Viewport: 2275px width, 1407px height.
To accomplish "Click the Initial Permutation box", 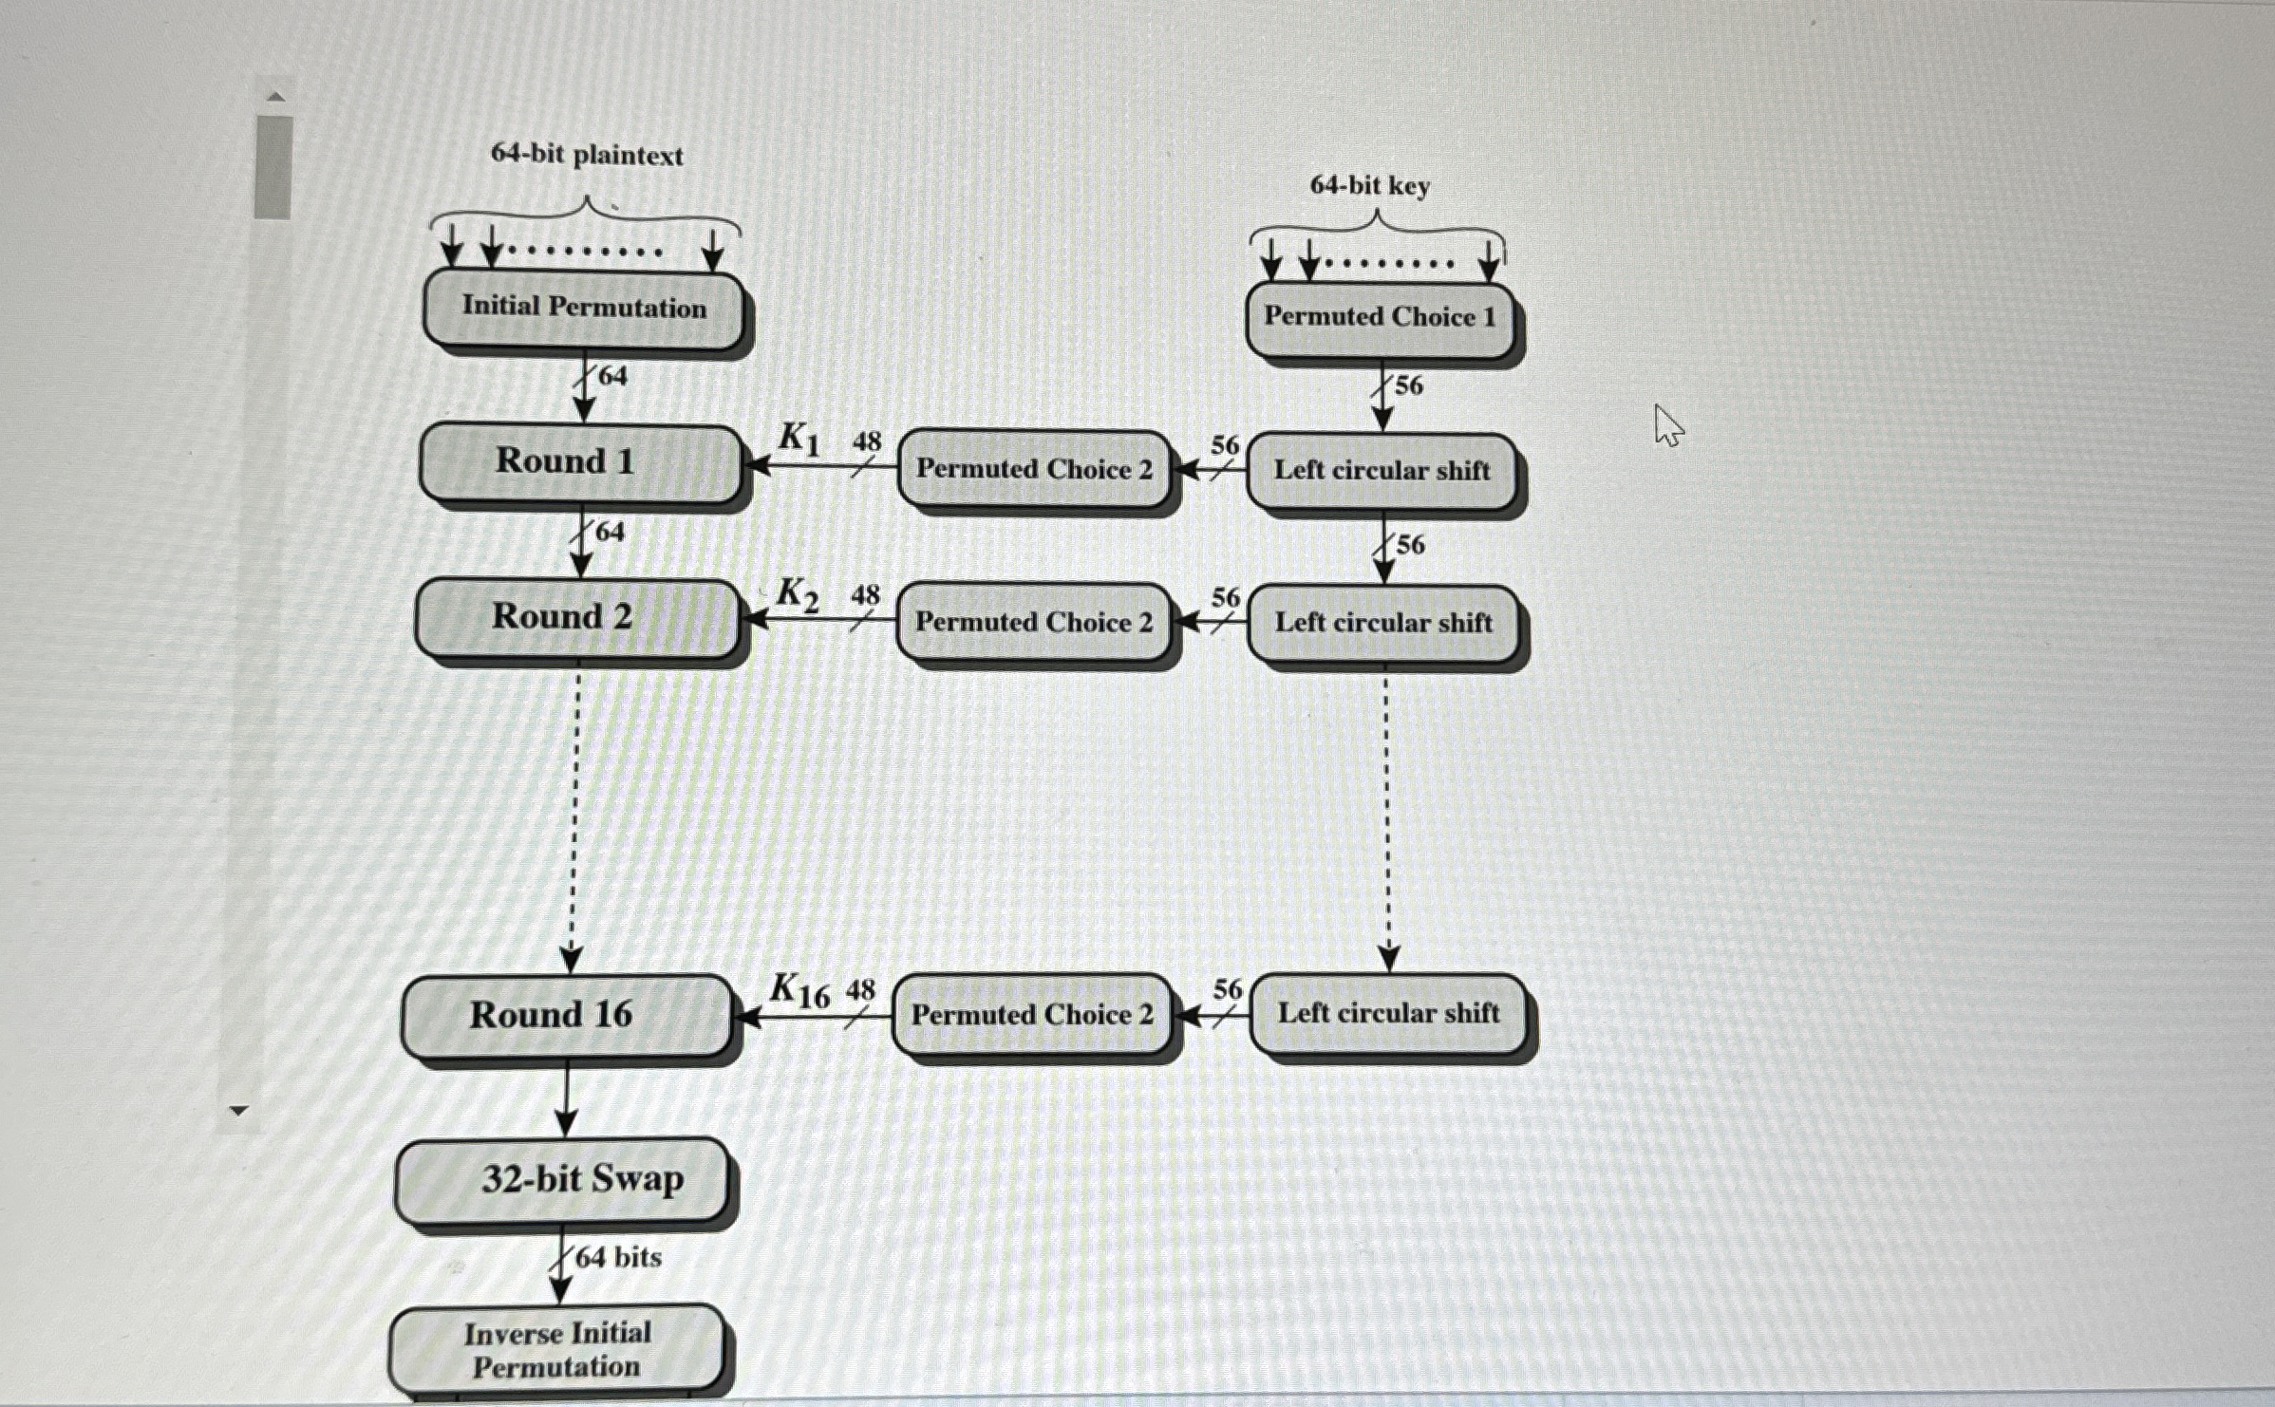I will click(x=583, y=309).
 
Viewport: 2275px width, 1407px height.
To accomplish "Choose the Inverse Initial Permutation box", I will click(x=556, y=1349).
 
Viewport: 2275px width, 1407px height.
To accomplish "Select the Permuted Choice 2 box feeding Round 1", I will click(x=1033, y=469).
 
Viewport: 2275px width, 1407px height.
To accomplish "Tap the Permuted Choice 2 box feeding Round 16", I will click(x=1032, y=1015).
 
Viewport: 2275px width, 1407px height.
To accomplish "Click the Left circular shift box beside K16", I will click(x=1388, y=1013).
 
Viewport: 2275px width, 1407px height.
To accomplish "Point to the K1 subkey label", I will click(x=799, y=439).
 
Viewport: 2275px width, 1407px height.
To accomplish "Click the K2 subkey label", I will click(x=797, y=594).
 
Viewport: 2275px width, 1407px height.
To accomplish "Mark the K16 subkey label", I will click(x=799, y=991).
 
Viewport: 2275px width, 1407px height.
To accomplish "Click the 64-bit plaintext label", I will click(x=586, y=155).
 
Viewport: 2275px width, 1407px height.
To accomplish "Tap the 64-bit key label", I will click(x=1369, y=186).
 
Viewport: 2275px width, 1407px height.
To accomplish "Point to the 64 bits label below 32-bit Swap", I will click(x=618, y=1258).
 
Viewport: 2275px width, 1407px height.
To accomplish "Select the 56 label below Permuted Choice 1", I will click(x=1408, y=385).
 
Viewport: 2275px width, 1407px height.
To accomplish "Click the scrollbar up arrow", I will click(x=274, y=96).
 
